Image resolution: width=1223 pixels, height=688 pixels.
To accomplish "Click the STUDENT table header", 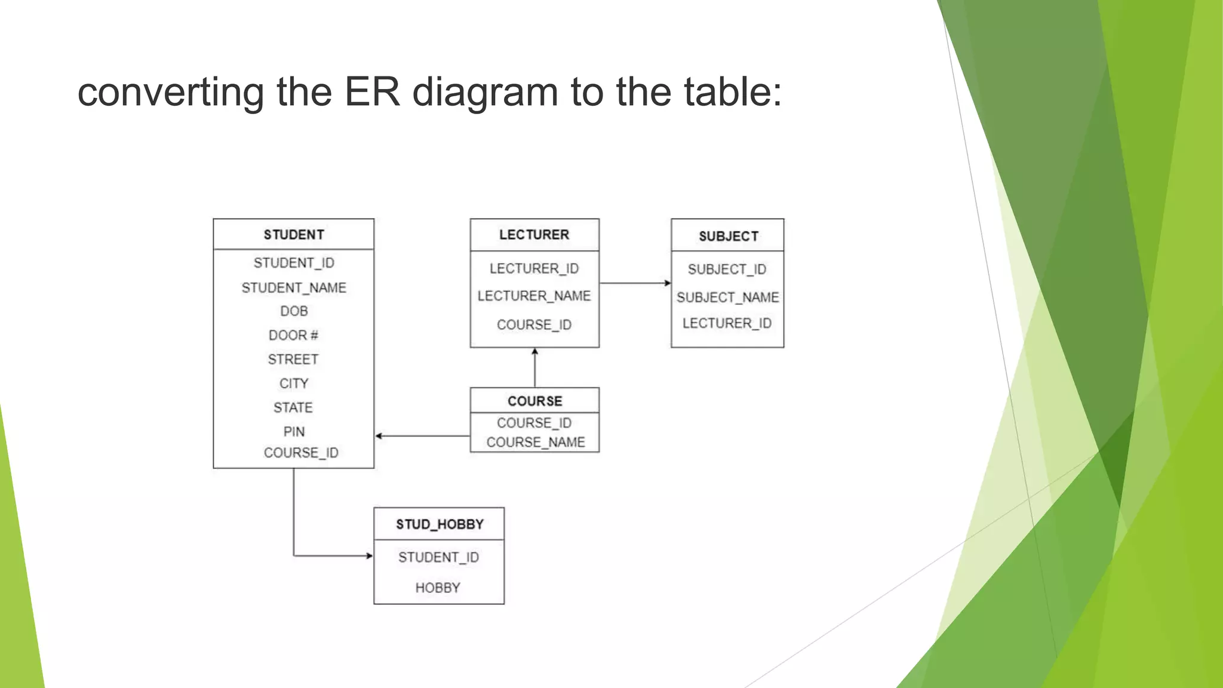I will pyautogui.click(x=294, y=235).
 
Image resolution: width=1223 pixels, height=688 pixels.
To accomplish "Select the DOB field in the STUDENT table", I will pyautogui.click(x=294, y=311).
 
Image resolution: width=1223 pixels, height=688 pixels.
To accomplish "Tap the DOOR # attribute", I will pyautogui.click(x=293, y=335).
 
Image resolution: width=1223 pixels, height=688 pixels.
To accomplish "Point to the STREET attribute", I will pyautogui.click(x=293, y=360).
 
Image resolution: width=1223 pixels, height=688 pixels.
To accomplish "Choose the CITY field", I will pyautogui.click(x=294, y=383).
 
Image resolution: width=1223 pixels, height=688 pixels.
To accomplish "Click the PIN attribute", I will pyautogui.click(x=294, y=432).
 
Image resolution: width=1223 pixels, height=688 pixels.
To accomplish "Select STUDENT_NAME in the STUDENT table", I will pyautogui.click(x=294, y=288).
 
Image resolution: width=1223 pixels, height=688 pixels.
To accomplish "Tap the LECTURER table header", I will pyautogui.click(x=534, y=235).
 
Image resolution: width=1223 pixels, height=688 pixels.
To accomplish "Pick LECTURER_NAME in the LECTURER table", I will pyautogui.click(x=534, y=296).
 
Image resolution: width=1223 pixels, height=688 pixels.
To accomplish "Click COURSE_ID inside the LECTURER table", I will pyautogui.click(x=534, y=325).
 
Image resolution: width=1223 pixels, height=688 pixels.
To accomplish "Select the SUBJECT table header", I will pyautogui.click(x=728, y=236).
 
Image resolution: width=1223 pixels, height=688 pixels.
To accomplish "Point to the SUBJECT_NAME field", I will pyautogui.click(x=727, y=297).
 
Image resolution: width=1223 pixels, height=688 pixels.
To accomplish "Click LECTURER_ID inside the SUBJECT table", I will pyautogui.click(x=727, y=323).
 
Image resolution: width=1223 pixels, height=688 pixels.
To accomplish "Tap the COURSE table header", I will pyautogui.click(x=534, y=401).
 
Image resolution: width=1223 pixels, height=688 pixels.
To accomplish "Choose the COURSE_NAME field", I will pyautogui.click(x=536, y=443).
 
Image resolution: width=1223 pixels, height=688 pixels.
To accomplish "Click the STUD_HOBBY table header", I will pyautogui.click(x=440, y=524).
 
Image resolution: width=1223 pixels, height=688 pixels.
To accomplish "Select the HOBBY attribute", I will pyautogui.click(x=438, y=588).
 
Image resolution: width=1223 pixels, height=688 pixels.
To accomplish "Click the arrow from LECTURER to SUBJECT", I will pyautogui.click(x=635, y=283).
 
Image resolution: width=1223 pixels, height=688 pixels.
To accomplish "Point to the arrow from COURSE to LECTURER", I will pyautogui.click(x=534, y=367).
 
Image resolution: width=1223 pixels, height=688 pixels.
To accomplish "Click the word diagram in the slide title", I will pyautogui.click(x=485, y=93).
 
